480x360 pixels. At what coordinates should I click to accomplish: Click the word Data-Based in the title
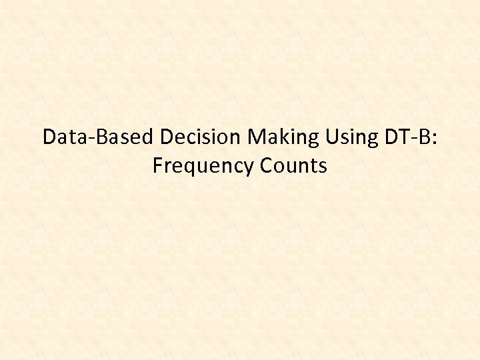pos(99,137)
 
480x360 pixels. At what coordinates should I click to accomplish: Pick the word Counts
pos(293,166)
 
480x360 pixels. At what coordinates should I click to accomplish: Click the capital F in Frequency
pos(157,165)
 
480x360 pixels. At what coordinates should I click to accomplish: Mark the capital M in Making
pos(256,137)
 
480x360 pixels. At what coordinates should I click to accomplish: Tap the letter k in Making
pos(282,137)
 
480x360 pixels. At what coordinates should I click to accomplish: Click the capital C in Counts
pos(267,165)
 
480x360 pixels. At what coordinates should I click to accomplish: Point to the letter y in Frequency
pos(249,167)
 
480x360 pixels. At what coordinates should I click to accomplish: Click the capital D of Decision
pos(167,137)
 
